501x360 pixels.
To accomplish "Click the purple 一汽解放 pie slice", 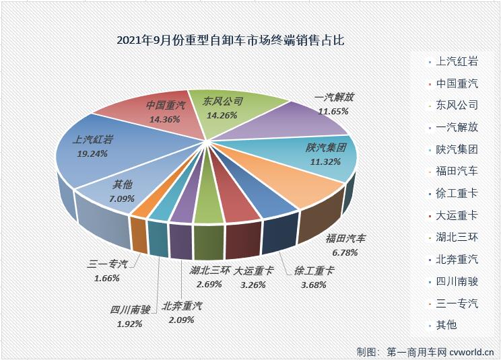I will click(x=303, y=118).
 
